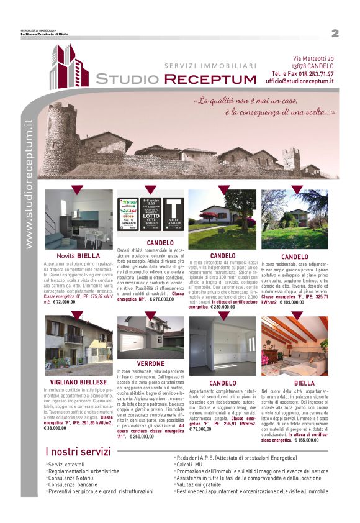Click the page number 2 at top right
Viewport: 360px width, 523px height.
pyautogui.click(x=335, y=33)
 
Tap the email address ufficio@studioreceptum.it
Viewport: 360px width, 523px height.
pyautogui.click(x=299, y=81)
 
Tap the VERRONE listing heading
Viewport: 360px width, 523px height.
pyautogui.click(x=151, y=363)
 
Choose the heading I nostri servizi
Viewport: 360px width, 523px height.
pyautogui.click(x=78, y=452)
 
